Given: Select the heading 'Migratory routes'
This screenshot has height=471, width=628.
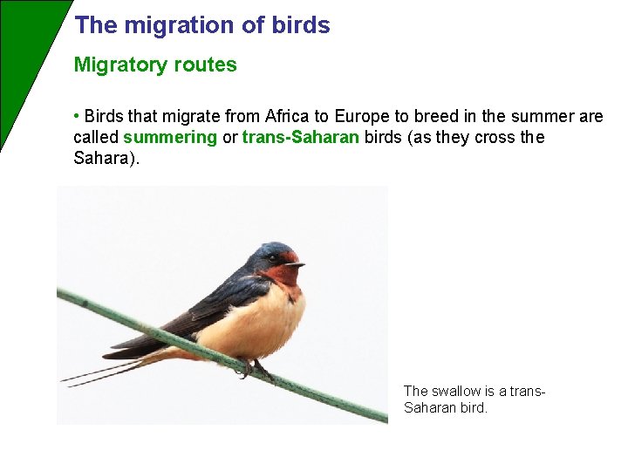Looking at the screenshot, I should pyautogui.click(x=155, y=65).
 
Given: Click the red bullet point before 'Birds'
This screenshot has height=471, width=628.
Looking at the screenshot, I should pyautogui.click(x=77, y=116).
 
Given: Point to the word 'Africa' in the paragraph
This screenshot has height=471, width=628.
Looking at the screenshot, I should pyautogui.click(x=288, y=117).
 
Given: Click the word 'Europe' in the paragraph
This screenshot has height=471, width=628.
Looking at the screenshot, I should pyautogui.click(x=359, y=117).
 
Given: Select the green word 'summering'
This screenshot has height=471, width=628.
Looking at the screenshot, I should pyautogui.click(x=170, y=138).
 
